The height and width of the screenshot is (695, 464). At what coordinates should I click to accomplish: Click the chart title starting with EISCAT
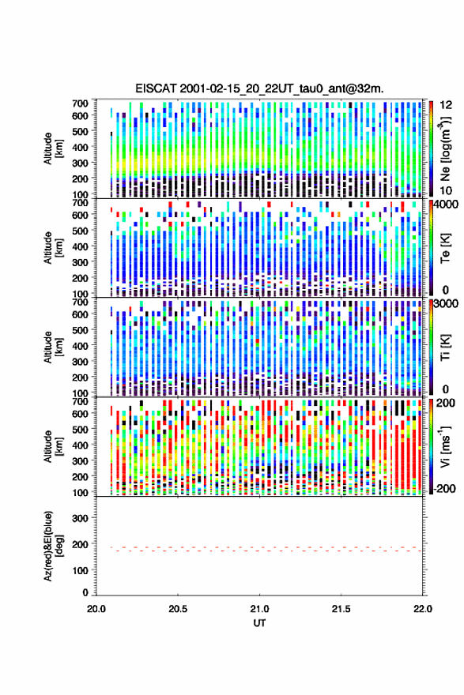click(259, 88)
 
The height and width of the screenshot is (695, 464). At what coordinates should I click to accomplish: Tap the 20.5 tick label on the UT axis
click(178, 609)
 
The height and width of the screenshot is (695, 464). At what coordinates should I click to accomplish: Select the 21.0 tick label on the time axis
click(259, 609)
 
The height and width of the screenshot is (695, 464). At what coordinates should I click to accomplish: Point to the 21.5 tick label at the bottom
click(341, 609)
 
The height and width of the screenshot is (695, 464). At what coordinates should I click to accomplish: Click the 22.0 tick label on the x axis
click(422, 609)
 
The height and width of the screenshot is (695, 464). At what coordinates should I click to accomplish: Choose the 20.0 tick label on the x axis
click(96, 609)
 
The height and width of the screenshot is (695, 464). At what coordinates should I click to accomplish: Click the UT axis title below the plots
click(259, 623)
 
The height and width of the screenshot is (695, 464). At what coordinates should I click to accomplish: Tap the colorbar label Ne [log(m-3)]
click(445, 149)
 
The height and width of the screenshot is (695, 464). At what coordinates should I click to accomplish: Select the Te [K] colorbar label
click(445, 248)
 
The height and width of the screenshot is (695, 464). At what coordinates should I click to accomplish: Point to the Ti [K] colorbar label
click(445, 347)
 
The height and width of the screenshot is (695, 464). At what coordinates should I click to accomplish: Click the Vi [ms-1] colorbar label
click(445, 446)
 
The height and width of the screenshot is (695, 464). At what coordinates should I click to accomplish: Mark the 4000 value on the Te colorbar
click(445, 205)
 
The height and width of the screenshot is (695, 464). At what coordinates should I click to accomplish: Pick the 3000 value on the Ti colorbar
click(445, 304)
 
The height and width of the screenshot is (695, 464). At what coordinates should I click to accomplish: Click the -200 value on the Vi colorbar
click(443, 489)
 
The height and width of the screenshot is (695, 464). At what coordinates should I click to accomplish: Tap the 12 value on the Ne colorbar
click(446, 105)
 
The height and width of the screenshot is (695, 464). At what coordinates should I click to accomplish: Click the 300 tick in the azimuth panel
click(81, 518)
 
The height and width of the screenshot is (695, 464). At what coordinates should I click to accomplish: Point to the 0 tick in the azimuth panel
click(85, 592)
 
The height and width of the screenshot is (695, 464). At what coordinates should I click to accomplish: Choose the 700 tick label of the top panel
click(81, 103)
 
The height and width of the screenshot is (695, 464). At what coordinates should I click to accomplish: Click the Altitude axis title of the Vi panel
click(53, 446)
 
